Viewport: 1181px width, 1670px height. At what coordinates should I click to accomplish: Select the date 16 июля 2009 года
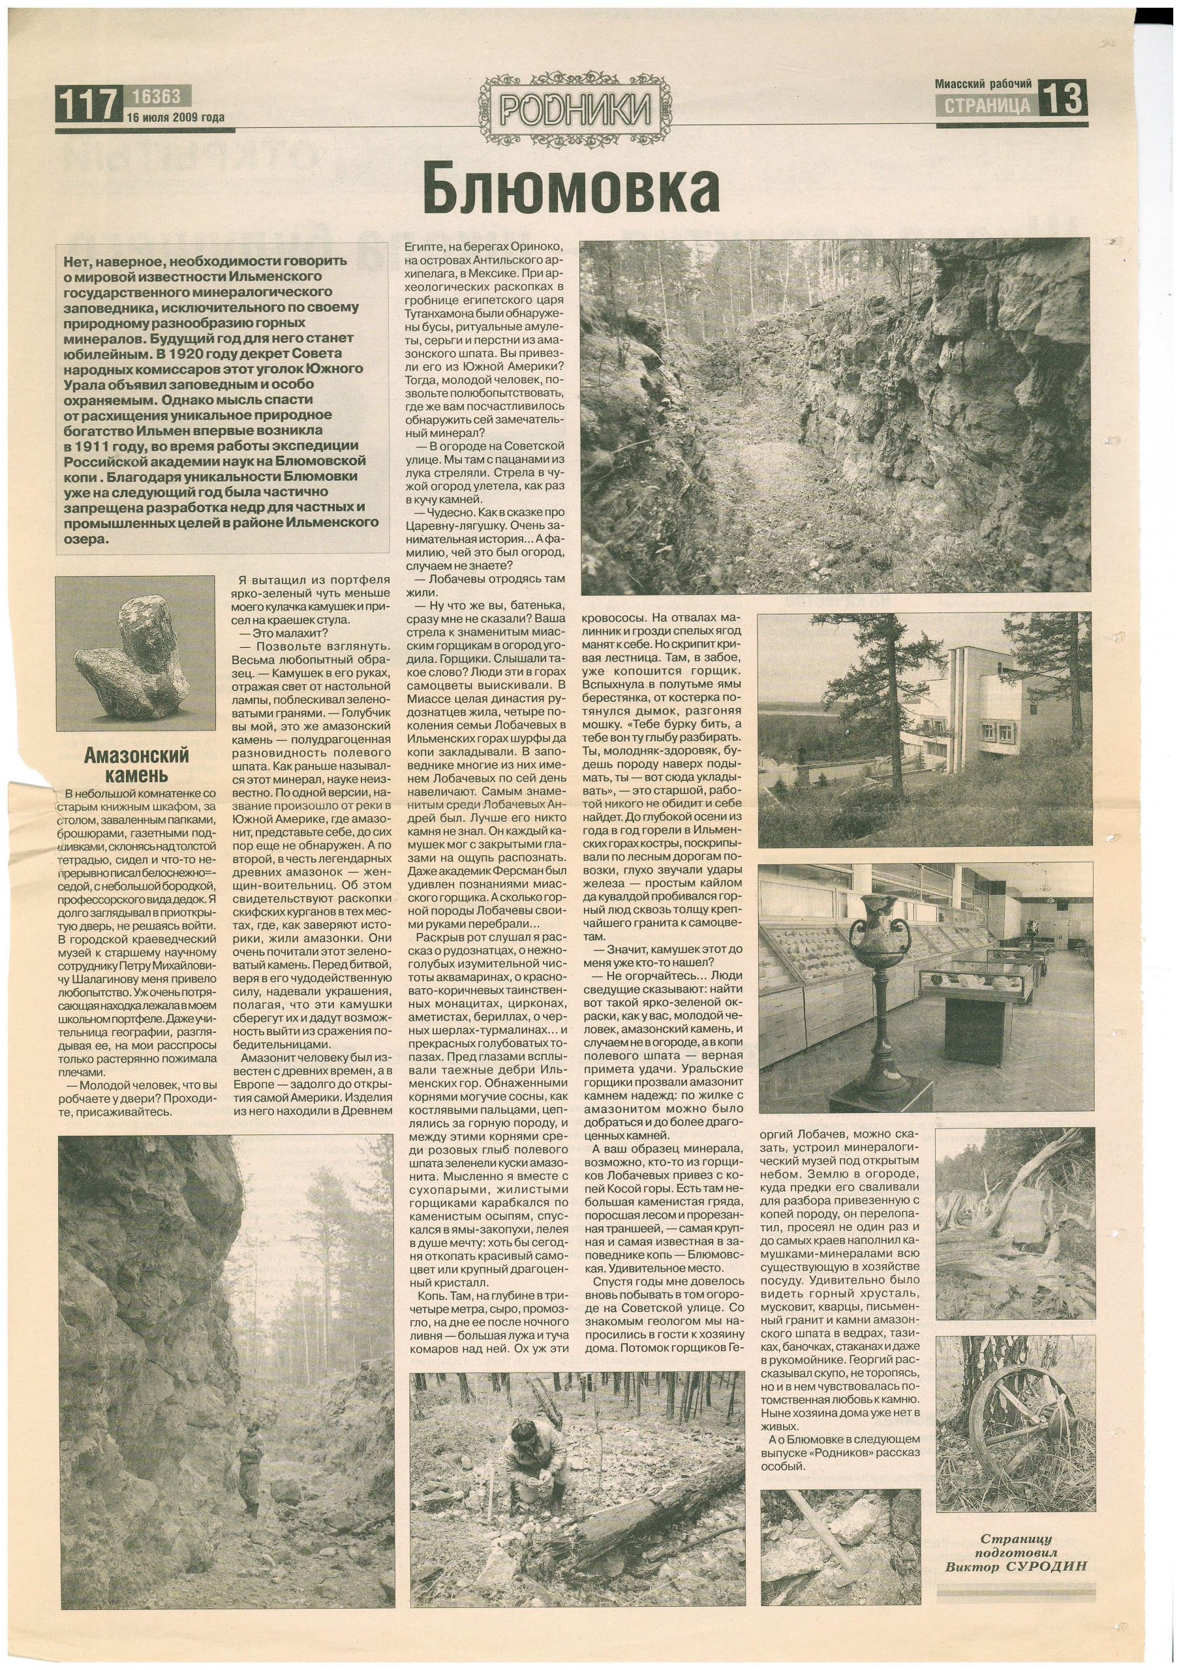pos(175,118)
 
